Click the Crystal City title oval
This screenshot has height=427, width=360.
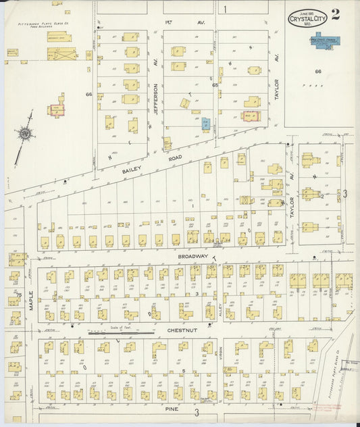pos(307,18)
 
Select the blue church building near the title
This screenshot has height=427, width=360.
pos(326,39)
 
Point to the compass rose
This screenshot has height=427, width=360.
pos(26,134)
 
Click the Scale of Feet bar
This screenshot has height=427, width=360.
pos(119,332)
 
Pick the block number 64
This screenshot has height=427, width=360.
pos(88,95)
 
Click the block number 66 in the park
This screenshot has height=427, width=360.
pos(317,71)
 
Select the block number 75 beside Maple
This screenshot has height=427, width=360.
pos(19,295)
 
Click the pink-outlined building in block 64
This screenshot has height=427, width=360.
pos(56,108)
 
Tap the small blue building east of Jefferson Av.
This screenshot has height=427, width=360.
pos(206,124)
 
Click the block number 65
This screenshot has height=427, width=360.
pos(215,85)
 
